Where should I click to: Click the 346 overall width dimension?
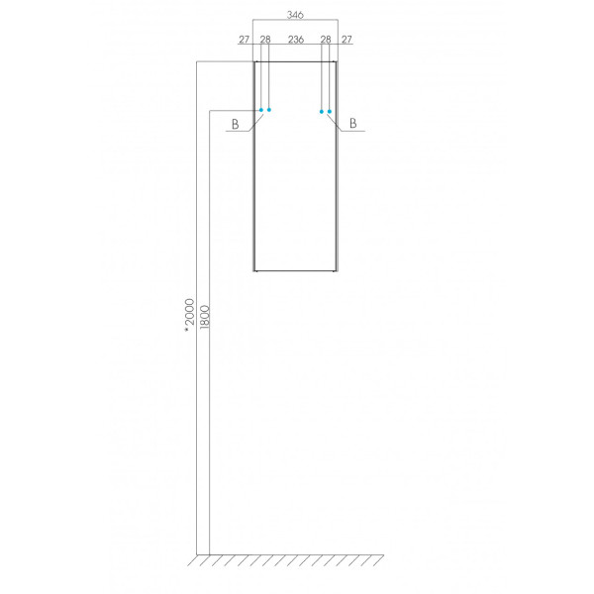(295, 16)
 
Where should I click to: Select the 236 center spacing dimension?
(295, 40)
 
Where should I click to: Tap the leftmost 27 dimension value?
(244, 40)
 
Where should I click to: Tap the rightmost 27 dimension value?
(346, 40)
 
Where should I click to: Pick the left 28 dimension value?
(265, 40)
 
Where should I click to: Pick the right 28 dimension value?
(325, 40)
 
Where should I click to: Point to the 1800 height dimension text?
(205, 319)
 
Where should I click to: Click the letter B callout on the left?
(235, 125)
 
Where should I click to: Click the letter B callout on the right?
(353, 125)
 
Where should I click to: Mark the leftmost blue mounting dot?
(261, 110)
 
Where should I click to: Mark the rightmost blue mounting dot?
(330, 111)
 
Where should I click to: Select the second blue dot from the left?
(269, 110)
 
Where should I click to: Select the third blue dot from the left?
(322, 111)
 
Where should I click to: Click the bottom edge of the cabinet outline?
(295, 270)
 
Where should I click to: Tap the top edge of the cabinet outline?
(295, 61)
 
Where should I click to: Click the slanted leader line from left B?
(252, 122)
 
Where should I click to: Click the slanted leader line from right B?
(339, 122)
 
